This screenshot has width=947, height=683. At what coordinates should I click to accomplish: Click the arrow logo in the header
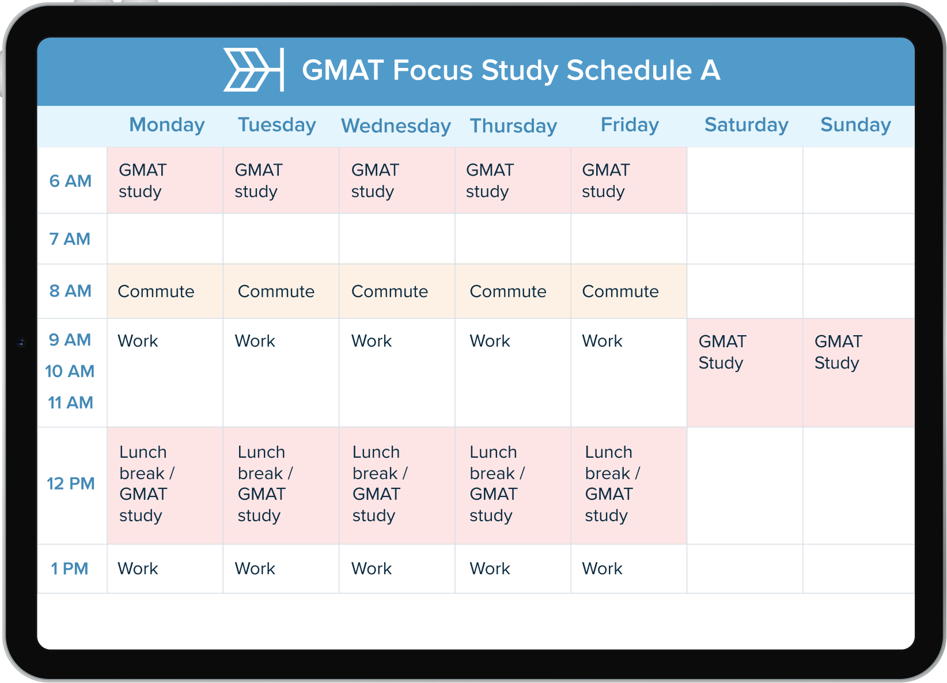tap(253, 70)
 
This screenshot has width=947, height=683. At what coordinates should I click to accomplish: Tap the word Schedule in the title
tap(629, 70)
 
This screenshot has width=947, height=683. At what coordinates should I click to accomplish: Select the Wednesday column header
tap(396, 126)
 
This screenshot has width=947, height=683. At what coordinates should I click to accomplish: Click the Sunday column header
tap(855, 125)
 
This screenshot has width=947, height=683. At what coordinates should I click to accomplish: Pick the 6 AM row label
tap(70, 181)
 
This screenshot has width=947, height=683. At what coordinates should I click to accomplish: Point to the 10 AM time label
tap(70, 371)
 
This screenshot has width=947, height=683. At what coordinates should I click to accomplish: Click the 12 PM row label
tap(70, 483)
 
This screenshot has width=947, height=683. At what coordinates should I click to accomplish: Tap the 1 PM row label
tap(70, 568)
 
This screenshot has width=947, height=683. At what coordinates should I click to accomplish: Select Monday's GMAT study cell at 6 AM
tap(165, 181)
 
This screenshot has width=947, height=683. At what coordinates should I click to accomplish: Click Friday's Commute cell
tap(628, 291)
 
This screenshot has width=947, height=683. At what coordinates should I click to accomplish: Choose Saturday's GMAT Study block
tap(744, 372)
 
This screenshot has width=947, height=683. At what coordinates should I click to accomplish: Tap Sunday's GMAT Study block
tap(858, 372)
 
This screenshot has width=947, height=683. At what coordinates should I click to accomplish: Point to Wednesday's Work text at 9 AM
tap(372, 341)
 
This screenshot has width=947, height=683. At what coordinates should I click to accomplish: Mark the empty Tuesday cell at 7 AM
tap(281, 239)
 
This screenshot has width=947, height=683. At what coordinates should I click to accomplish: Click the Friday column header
tap(630, 125)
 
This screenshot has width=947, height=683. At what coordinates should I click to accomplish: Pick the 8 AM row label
tap(70, 291)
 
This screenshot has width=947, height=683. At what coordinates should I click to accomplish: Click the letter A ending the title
tap(710, 70)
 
